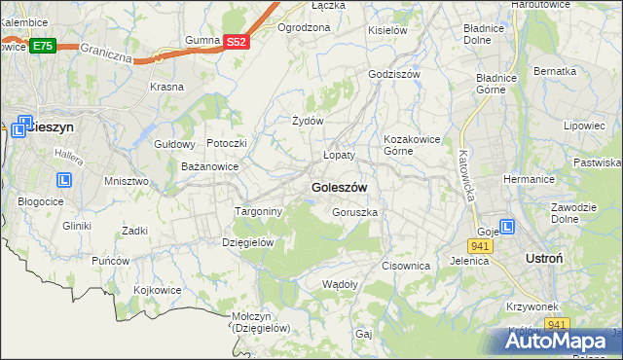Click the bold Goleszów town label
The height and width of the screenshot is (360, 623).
click(x=338, y=187)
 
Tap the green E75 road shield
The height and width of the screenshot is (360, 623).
click(x=42, y=46)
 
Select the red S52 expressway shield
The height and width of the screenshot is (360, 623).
click(x=238, y=41)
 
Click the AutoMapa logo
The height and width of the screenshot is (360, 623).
click(x=563, y=341)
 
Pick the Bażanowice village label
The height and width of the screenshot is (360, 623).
click(x=210, y=167)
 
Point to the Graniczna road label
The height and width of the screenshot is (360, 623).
click(x=105, y=50)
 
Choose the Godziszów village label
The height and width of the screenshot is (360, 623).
click(x=394, y=74)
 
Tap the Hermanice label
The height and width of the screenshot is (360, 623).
click(x=529, y=179)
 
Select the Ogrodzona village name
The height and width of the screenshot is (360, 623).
click(x=304, y=27)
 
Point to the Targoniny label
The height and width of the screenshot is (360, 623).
click(x=258, y=211)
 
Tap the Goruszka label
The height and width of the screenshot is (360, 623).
click(x=354, y=212)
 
